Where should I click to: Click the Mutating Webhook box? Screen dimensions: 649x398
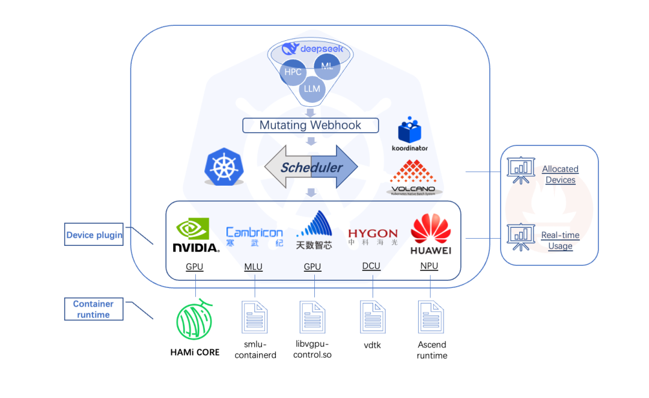(311, 125)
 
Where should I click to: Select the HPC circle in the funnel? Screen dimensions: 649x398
(293, 72)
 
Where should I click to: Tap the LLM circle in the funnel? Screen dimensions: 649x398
(312, 88)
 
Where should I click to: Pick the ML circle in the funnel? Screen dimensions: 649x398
(327, 66)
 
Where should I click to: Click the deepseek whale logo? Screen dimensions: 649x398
(290, 49)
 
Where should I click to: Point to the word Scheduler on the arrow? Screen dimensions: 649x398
(311, 167)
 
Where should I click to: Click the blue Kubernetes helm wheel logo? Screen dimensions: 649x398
(224, 167)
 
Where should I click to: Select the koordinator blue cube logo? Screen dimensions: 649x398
(409, 129)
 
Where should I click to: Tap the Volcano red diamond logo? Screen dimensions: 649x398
(413, 172)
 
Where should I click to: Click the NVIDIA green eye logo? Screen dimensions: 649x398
(192, 228)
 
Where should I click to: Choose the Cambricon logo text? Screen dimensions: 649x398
(255, 232)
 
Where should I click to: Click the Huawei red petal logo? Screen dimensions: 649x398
(431, 228)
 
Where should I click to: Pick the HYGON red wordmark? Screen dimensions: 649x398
(373, 234)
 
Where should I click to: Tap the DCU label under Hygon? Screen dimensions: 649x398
(371, 266)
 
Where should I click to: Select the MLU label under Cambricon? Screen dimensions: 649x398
(254, 267)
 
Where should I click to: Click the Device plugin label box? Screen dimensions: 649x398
(94, 234)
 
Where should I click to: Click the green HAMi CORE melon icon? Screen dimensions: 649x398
(194, 319)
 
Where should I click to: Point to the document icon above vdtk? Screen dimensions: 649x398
(373, 317)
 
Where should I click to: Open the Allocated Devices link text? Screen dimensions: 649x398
(561, 174)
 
